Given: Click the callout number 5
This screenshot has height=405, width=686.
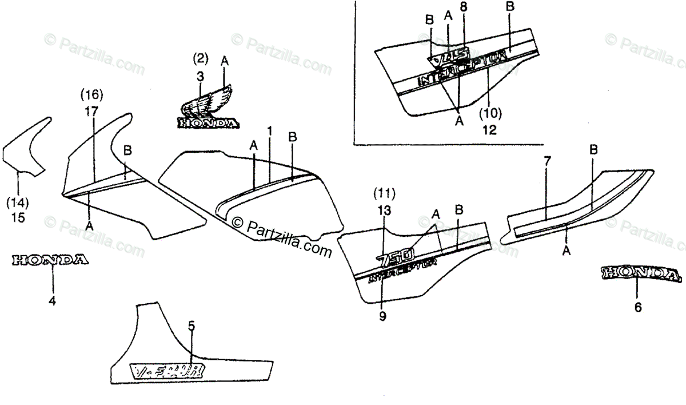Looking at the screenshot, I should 192,327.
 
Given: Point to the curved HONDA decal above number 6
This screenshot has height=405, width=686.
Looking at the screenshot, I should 640,273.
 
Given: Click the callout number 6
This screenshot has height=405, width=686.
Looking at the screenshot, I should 638,308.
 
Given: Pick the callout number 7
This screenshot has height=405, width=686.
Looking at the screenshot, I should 547,162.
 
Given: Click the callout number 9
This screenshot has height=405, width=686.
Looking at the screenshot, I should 382,315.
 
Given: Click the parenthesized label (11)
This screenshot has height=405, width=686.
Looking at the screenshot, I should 384,190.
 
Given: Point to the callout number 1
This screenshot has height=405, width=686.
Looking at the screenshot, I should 269,131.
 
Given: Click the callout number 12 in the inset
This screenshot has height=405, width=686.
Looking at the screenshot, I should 489,129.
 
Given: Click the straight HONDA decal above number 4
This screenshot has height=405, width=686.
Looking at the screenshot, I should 50,260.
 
